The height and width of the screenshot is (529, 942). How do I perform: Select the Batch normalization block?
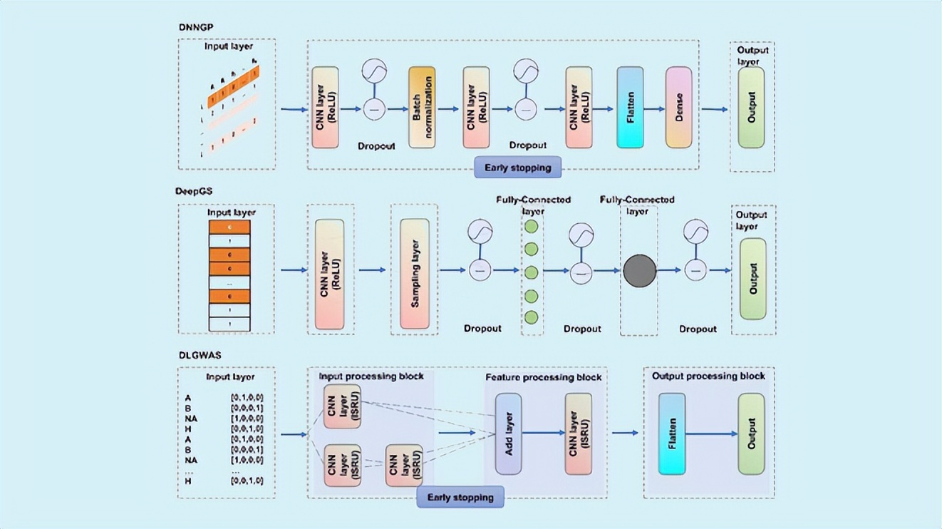[421, 108]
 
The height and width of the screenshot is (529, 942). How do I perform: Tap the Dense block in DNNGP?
[678, 108]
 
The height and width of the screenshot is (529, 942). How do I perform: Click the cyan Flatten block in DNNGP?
[630, 108]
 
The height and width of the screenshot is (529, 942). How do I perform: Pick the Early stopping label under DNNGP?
[517, 168]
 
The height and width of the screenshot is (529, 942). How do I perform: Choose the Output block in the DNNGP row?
[751, 108]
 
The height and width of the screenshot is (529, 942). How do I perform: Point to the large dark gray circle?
[639, 272]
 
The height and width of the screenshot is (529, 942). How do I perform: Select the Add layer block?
[508, 433]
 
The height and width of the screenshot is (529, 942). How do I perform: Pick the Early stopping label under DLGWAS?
[460, 497]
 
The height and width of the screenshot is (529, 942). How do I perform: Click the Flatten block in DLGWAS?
[672, 433]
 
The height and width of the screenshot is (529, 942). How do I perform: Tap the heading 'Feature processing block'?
[543, 377]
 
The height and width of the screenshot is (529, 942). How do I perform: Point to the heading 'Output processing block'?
[708, 376]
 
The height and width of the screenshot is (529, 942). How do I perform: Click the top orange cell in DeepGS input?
[229, 227]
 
